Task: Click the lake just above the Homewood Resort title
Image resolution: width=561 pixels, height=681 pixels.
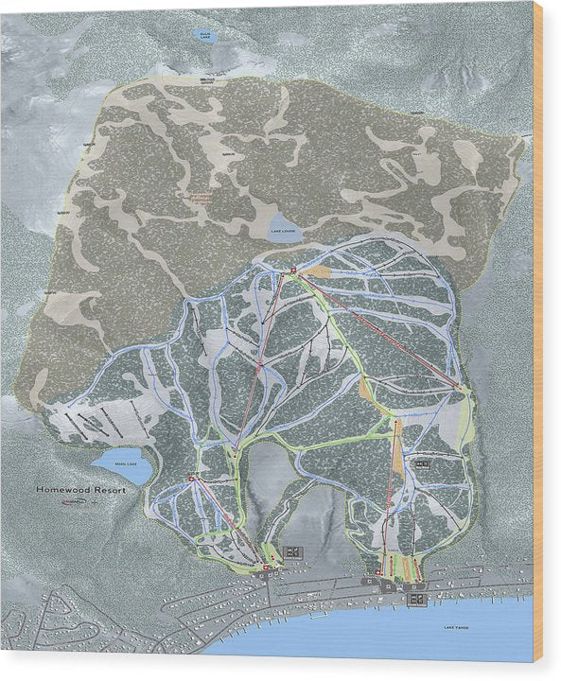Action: coord(119,465)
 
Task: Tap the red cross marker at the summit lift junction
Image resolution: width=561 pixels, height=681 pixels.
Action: coord(293,272)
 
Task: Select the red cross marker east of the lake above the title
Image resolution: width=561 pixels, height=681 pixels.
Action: coord(192,479)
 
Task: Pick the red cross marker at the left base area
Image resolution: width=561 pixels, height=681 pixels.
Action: coord(266,568)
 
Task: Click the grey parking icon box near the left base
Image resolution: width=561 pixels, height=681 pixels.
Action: coord(293,551)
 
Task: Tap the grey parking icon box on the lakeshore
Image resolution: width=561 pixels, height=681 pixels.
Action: coord(416,598)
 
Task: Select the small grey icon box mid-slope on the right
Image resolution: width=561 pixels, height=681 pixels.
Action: coord(422,463)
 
